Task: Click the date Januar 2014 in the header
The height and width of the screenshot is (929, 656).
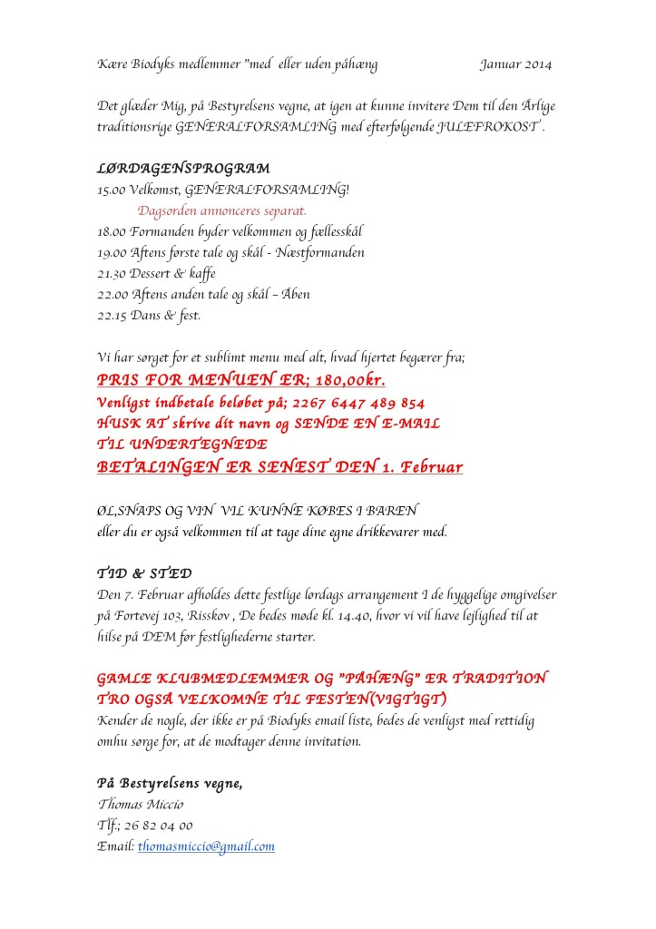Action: pos(515,64)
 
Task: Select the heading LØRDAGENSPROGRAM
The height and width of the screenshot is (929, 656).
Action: pos(183,169)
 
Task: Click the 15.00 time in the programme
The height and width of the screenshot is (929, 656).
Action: pos(112,191)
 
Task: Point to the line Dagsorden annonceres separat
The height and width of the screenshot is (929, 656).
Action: pos(222,211)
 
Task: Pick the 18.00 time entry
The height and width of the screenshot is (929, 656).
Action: pos(112,231)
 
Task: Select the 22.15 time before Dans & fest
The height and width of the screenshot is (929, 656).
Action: pos(112,315)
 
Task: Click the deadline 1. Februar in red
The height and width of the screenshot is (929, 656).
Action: pos(418,467)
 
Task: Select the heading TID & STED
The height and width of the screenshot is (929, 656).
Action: pos(144,573)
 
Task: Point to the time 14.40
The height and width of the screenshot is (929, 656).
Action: pos(359,615)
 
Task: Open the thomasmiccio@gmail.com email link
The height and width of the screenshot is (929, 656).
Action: pos(206,846)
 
